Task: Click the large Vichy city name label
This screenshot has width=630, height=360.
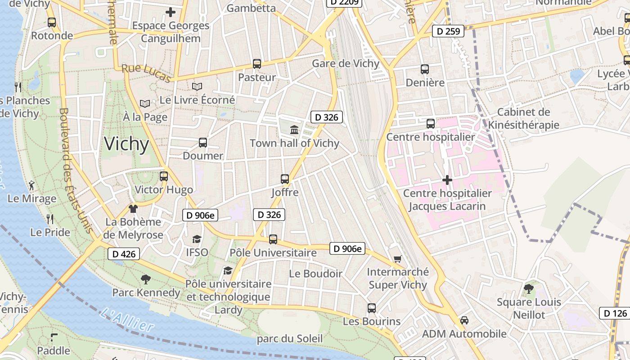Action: click(x=126, y=144)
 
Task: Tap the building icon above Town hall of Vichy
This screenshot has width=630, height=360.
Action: click(x=294, y=130)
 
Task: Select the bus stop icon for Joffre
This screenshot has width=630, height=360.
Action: click(x=285, y=179)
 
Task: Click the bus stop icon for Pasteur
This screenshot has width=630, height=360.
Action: click(x=257, y=64)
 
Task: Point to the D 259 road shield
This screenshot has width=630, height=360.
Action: click(x=448, y=31)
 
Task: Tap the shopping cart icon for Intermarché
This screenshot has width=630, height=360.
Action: click(x=397, y=259)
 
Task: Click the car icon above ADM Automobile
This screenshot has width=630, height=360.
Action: click(x=464, y=320)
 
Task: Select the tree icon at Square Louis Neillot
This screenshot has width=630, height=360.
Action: click(x=529, y=288)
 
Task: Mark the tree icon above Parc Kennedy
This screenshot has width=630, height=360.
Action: click(x=145, y=279)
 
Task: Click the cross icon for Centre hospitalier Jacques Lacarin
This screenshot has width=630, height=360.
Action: click(x=447, y=180)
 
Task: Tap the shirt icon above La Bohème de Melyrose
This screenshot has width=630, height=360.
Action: click(x=133, y=208)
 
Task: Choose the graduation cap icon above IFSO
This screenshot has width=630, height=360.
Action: click(x=197, y=239)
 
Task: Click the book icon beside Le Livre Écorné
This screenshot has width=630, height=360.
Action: click(x=197, y=86)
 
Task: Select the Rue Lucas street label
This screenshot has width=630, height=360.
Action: click(x=146, y=73)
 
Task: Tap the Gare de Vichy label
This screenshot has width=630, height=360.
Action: click(x=346, y=63)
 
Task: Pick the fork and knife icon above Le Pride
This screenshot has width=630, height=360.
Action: click(x=50, y=219)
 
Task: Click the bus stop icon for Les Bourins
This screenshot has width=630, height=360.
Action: click(x=372, y=308)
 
